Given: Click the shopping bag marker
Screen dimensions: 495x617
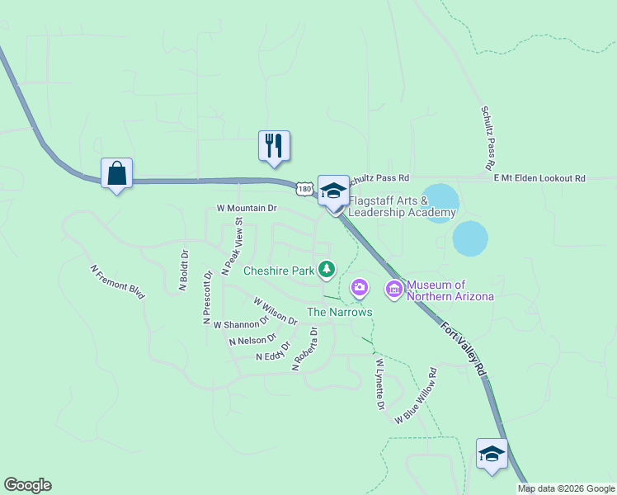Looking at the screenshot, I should point(116,174).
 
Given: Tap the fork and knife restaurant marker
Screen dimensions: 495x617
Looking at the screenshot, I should point(274,146).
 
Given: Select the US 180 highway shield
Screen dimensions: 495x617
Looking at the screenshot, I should point(305,189).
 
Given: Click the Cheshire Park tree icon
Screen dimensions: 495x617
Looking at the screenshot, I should point(327,268).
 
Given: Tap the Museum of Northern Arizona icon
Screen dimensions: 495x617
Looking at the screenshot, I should point(393,288).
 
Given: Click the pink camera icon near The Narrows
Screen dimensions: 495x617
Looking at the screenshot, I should point(359,287).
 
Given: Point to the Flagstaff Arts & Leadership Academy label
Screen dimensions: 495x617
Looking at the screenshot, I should point(402,206).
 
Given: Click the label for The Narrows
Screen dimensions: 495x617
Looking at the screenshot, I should point(339,312).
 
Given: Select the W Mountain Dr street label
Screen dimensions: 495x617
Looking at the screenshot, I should point(247,209).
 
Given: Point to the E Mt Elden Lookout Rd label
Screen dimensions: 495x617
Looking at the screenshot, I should point(539,178).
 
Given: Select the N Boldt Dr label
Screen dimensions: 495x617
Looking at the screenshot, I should point(184,271).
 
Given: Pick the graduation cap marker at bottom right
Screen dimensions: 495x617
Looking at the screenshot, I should point(492,454).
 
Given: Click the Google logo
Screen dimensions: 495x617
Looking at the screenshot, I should point(27,485).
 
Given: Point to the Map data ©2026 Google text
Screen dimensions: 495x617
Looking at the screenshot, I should point(565,488).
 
